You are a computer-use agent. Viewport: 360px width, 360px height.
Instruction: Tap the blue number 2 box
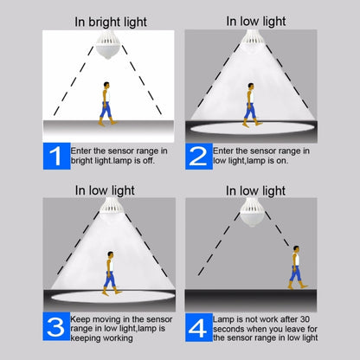click(198, 156)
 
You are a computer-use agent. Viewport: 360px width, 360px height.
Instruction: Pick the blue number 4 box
click(198, 326)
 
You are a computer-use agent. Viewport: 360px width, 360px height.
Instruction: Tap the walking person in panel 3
click(110, 272)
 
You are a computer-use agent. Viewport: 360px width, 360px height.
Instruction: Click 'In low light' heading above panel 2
click(256, 20)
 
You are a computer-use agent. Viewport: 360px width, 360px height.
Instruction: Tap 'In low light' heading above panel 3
click(104, 190)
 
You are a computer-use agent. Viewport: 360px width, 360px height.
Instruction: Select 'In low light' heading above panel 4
click(256, 190)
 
